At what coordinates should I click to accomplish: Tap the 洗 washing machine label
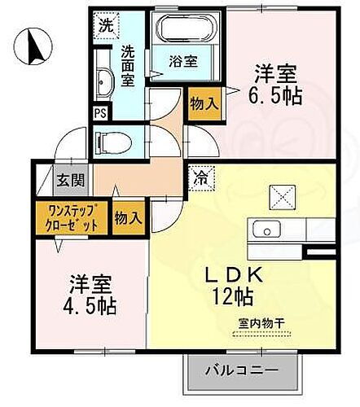(106, 25)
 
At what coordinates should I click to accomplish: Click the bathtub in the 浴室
(186, 30)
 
